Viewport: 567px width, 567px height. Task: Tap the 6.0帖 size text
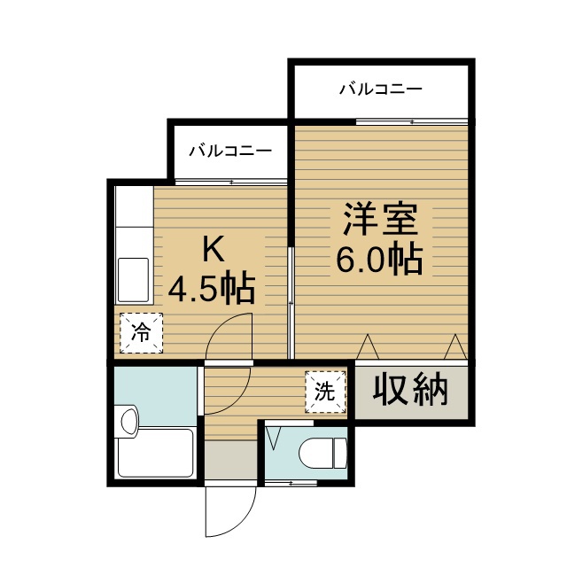pos(377,259)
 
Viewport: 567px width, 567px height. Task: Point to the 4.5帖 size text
pos(213,288)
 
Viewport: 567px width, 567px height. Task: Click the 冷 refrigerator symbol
pos(142,333)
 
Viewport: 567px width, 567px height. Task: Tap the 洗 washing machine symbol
pos(325,391)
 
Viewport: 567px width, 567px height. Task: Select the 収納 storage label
pos(409,389)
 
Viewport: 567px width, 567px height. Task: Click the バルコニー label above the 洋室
pos(381,89)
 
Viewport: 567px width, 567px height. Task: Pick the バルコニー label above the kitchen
pos(230,151)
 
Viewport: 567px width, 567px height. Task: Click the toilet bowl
pos(321,454)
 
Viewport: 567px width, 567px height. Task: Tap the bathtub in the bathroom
pos(156,454)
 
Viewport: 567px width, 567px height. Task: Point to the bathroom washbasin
pos(128,423)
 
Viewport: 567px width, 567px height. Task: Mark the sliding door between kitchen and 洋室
pos(291,301)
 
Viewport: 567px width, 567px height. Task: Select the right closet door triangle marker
pos(454,345)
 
